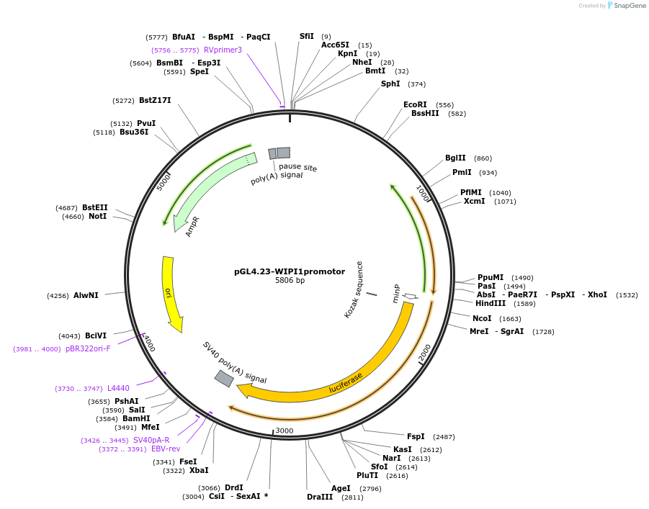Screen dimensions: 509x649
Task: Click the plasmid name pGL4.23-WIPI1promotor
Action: point(289,271)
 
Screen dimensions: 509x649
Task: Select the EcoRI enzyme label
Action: point(415,104)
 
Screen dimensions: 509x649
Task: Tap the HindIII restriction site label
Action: point(491,303)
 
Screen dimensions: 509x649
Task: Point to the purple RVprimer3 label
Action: point(223,50)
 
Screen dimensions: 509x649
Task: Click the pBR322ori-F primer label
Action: point(88,348)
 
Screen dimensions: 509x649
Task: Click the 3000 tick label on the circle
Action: point(285,431)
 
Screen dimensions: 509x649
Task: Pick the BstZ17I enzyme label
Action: point(155,100)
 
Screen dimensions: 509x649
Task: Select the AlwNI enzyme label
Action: point(85,295)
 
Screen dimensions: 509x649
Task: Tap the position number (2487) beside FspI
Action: point(443,436)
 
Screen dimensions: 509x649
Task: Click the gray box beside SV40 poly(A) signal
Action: point(224,378)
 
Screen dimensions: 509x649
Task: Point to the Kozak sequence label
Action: point(354,289)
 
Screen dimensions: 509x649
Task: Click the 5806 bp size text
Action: point(290,280)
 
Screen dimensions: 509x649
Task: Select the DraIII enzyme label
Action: point(320,497)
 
